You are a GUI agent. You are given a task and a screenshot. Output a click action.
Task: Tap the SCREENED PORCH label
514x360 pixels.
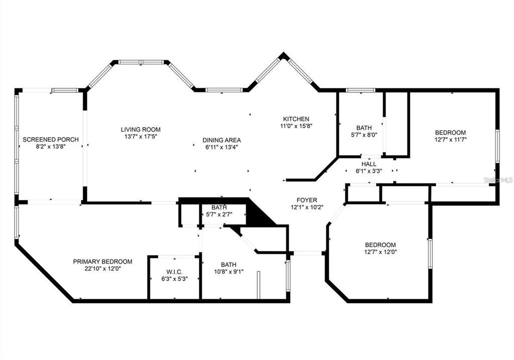pyautogui.click(x=51, y=139)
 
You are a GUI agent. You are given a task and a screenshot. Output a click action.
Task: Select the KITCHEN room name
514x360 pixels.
pyautogui.click(x=296, y=119)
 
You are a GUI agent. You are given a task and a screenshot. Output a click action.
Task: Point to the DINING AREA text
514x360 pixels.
pyautogui.click(x=221, y=140)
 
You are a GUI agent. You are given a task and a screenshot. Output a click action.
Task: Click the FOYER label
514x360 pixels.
pyautogui.click(x=307, y=200)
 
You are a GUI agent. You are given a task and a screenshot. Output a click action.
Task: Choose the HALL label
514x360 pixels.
pyautogui.click(x=369, y=164)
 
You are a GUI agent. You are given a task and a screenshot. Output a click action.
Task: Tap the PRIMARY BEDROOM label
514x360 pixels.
pyautogui.click(x=102, y=262)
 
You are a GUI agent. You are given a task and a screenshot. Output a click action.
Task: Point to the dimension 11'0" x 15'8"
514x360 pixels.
pyautogui.click(x=296, y=126)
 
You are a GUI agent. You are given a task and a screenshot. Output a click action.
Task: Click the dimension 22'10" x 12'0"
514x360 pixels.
pyautogui.click(x=102, y=269)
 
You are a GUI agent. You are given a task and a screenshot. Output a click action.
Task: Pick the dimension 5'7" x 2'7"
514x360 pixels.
pyautogui.click(x=223, y=215)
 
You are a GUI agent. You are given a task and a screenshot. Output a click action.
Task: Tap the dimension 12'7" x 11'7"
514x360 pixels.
pyautogui.click(x=450, y=140)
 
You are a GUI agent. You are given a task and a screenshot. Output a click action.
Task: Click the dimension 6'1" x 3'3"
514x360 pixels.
pyautogui.click(x=369, y=171)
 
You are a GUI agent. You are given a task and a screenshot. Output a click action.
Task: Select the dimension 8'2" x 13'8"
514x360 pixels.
pyautogui.click(x=51, y=146)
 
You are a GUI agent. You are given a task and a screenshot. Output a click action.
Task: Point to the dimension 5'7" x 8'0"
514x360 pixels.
pyautogui.click(x=363, y=135)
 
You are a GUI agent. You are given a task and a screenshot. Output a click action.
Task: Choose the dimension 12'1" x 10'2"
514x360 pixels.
pyautogui.click(x=307, y=207)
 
